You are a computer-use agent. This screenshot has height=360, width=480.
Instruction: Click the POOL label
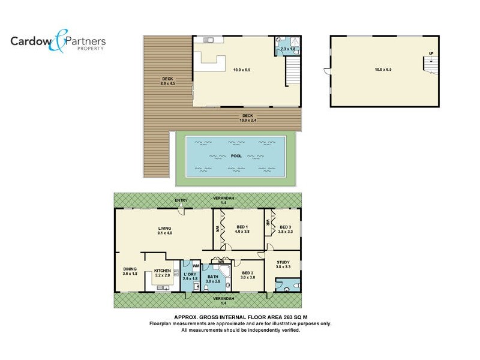[236, 156]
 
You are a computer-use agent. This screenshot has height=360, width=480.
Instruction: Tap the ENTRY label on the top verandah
[181, 200]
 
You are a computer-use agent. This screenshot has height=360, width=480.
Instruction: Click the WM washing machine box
[196, 266]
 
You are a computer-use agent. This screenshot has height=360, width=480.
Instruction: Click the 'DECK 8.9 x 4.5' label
[167, 81]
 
